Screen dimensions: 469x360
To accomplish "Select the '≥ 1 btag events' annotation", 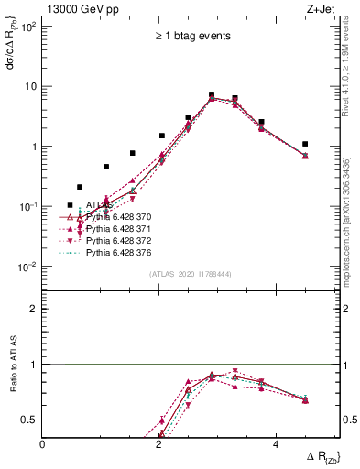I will coord(191,36).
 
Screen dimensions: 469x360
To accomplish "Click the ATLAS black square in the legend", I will coord(70,206).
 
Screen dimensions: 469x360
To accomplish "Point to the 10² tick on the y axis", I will coord(28,27).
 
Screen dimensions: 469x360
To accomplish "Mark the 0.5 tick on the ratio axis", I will coord(30,420).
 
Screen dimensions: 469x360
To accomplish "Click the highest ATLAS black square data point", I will coord(212,94).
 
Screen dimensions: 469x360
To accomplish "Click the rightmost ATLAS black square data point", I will coord(305,144).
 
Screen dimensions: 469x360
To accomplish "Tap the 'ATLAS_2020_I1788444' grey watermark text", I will coord(191,272).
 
